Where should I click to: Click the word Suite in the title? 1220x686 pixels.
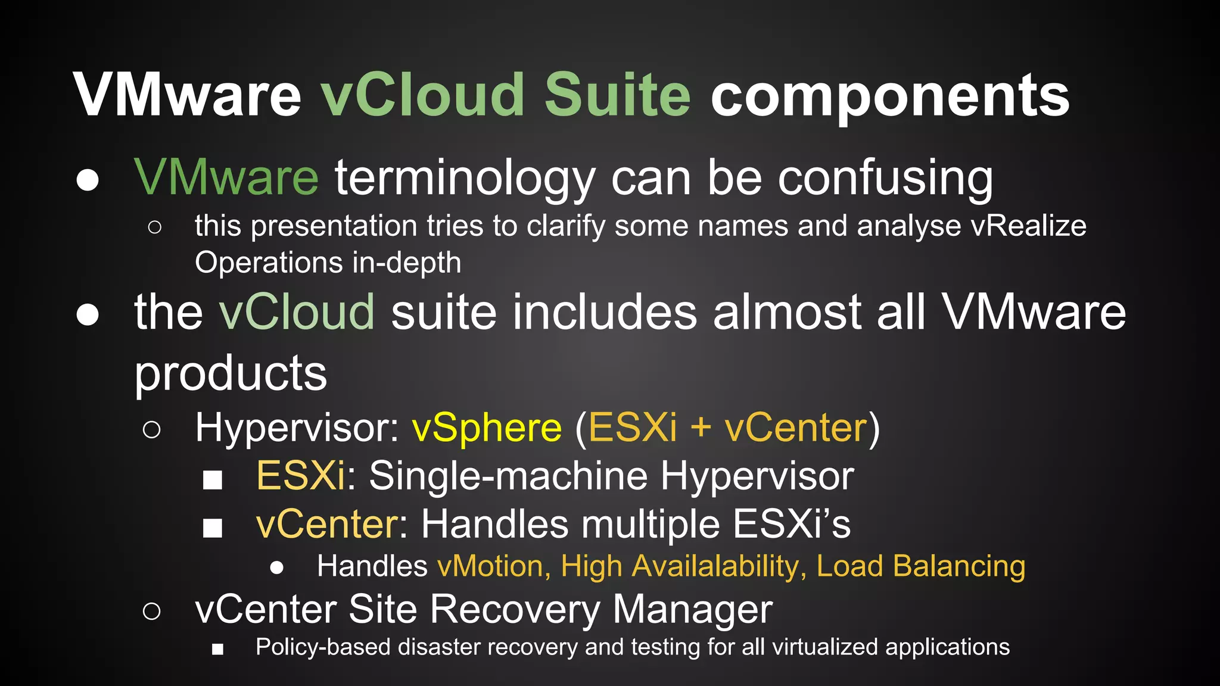point(617,95)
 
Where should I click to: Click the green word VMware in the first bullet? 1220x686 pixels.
point(226,177)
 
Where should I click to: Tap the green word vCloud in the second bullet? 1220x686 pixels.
point(296,312)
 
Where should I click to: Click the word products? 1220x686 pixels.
point(231,374)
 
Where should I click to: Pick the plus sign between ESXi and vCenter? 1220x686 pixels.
point(701,428)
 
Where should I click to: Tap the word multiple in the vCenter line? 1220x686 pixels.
point(651,525)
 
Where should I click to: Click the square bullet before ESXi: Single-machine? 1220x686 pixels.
point(213,479)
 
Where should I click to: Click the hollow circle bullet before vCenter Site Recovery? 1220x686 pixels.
point(152,611)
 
